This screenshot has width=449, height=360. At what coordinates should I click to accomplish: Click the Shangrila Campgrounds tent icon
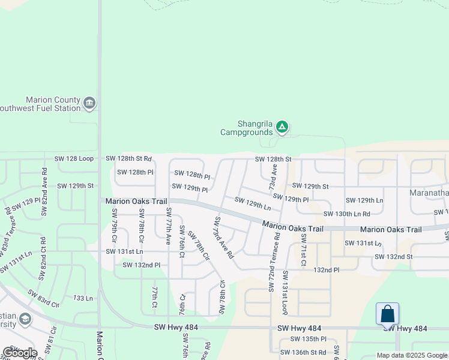[x=282, y=127]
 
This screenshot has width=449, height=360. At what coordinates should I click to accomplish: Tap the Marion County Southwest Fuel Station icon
[x=90, y=104]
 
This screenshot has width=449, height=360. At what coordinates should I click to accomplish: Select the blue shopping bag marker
[x=388, y=314]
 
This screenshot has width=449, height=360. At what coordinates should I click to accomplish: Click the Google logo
[x=20, y=352]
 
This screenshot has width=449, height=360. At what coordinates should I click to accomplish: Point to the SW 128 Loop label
[x=74, y=158]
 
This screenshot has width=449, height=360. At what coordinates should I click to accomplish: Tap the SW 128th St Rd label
[x=128, y=158]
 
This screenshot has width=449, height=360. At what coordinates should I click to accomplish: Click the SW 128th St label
[x=273, y=159]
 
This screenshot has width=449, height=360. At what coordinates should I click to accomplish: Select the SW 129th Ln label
[x=253, y=203]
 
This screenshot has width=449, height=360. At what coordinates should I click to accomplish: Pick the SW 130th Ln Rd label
[x=346, y=214]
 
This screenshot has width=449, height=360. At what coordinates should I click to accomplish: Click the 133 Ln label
[x=83, y=298]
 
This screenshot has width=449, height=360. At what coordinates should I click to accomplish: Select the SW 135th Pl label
[x=308, y=338]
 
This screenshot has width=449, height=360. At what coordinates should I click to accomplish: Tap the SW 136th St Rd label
[x=308, y=352]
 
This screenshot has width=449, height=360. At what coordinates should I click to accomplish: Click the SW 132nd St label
[x=393, y=257]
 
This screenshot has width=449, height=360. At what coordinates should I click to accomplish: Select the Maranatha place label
[x=429, y=193]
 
